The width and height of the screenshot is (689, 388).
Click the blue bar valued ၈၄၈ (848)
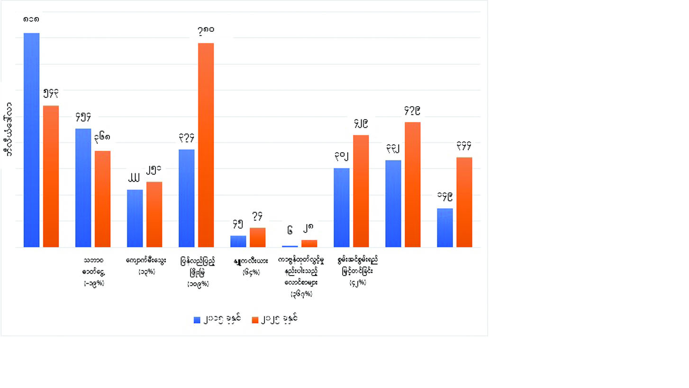[32, 140]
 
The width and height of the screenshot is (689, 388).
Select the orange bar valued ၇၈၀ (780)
[206, 145]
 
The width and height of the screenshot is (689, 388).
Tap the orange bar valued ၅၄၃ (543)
[51, 176]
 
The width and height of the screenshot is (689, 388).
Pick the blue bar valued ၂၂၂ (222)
[135, 218]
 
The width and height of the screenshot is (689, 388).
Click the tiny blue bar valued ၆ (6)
[290, 246]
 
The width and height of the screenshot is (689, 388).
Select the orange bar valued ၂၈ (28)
[309, 243]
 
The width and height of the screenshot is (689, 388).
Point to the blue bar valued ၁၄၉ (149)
[444, 228]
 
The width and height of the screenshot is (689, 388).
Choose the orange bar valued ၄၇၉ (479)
[412, 185]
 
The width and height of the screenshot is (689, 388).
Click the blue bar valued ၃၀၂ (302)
[342, 207]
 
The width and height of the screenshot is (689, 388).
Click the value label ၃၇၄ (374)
[187, 138]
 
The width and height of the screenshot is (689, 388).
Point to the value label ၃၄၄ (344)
[464, 146]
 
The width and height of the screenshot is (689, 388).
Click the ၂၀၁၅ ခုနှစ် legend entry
[218, 319]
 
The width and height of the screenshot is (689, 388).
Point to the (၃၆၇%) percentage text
[301, 294]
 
